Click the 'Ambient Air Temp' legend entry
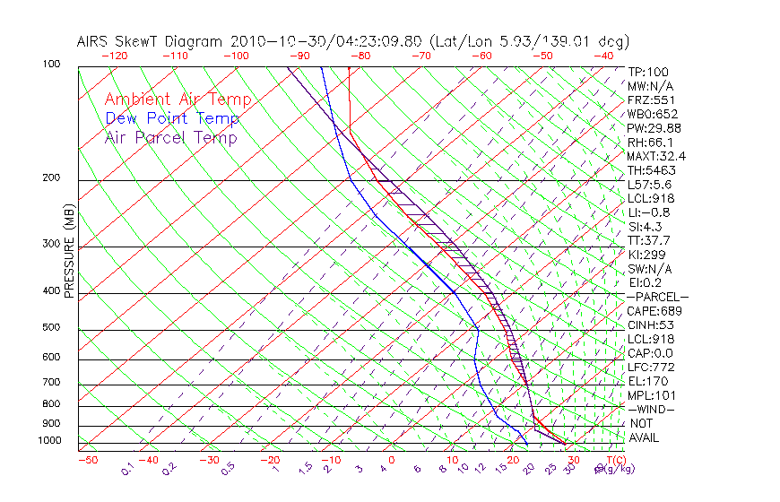178,100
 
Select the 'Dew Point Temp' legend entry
171,118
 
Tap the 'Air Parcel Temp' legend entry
170,137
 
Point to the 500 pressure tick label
51,327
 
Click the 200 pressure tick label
51,177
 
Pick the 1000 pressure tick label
48,440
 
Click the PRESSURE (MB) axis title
68,255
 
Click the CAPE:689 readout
654,310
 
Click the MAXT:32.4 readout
656,156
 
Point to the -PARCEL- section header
657,297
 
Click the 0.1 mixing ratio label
126,470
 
